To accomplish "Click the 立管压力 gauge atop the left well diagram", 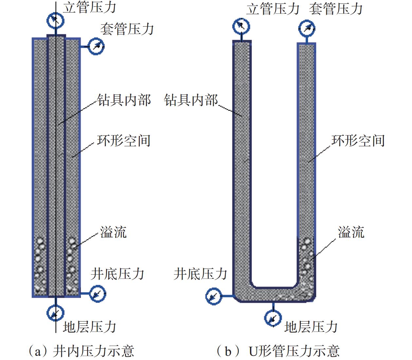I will [x=55, y=20].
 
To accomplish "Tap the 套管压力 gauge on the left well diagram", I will [x=96, y=46].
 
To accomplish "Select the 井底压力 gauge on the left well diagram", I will [x=97, y=294].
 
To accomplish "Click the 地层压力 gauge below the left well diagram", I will [x=55, y=313].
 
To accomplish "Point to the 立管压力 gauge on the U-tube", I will [x=241, y=27].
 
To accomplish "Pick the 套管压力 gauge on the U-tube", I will [x=307, y=28].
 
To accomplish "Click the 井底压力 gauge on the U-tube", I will [x=214, y=297].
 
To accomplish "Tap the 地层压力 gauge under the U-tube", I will [x=273, y=318].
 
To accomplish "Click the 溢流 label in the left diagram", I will [x=113, y=232].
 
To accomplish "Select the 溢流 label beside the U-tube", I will [x=351, y=232].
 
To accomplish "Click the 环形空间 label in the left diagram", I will [x=124, y=141].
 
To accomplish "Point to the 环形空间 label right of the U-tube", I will [x=358, y=141].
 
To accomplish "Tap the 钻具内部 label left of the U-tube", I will [x=191, y=100].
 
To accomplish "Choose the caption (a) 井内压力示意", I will [x=81, y=351].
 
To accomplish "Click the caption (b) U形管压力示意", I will [x=278, y=351].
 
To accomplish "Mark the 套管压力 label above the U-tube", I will [x=336, y=9].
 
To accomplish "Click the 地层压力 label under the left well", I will [x=89, y=327].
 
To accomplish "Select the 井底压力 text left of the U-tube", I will [x=200, y=274].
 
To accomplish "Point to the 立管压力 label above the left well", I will [x=89, y=7].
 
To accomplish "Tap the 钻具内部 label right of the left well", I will [x=124, y=100].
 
